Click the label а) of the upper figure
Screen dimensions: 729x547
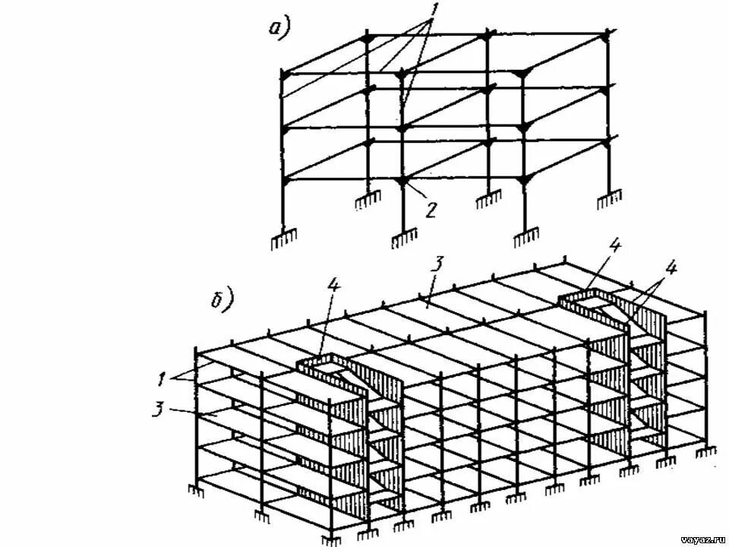pyautogui.click(x=279, y=30)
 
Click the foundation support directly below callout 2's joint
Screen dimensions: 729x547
pyautogui.click(x=403, y=241)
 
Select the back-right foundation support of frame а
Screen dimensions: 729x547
pyautogui.click(x=607, y=201)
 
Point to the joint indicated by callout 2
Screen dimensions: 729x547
pyautogui.click(x=403, y=182)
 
